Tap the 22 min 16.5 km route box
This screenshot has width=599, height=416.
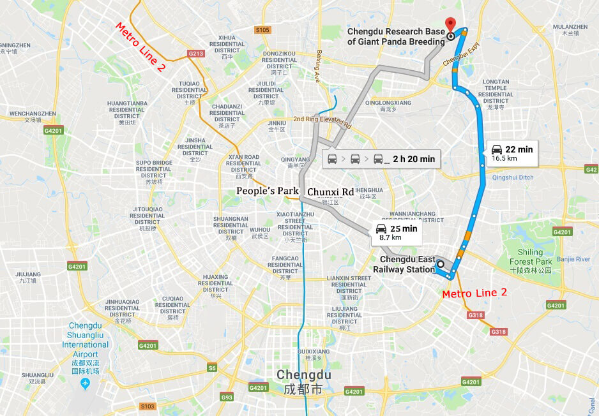pyautogui.click(x=512, y=153)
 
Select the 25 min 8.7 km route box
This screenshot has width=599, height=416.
pyautogui.click(x=397, y=232)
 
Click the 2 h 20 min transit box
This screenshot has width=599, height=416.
pyautogui.click(x=381, y=159)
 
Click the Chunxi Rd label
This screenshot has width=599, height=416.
pyautogui.click(x=330, y=191)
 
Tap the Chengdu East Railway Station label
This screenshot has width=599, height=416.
pyautogui.click(x=407, y=264)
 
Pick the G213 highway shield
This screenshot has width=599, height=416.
pyautogui.click(x=196, y=54)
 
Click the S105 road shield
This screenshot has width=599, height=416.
pyautogui.click(x=262, y=30)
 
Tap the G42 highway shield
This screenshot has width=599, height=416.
pyautogui.click(x=591, y=169)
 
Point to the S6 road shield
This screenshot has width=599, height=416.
pyautogui.click(x=211, y=368)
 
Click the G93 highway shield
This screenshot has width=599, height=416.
pyautogui.click(x=226, y=397)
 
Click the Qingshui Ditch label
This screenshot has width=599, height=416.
pyautogui.click(x=512, y=177)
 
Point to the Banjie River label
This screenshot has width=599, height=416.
pyautogui.click(x=574, y=259)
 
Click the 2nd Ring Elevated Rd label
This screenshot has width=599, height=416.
pyautogui.click(x=322, y=123)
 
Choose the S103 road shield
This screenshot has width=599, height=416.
pyautogui.click(x=147, y=406)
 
